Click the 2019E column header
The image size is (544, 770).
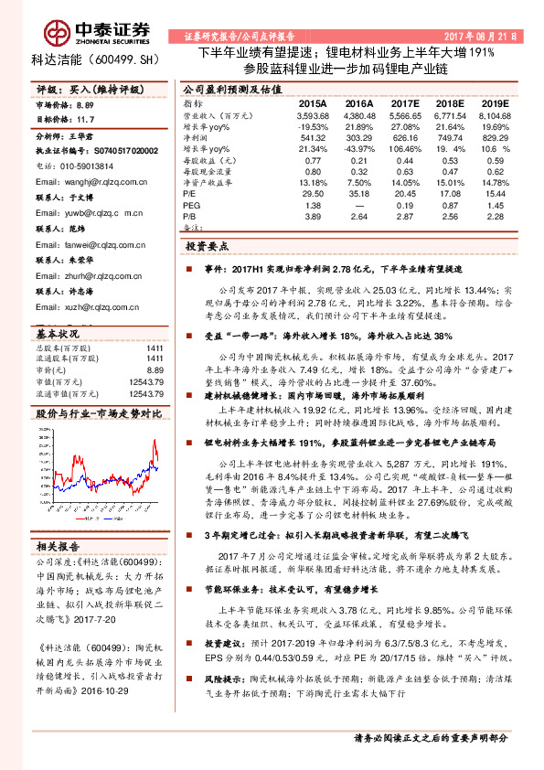[494, 105]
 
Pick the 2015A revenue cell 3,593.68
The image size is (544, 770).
[313, 117]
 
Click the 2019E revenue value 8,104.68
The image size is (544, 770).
[494, 117]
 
